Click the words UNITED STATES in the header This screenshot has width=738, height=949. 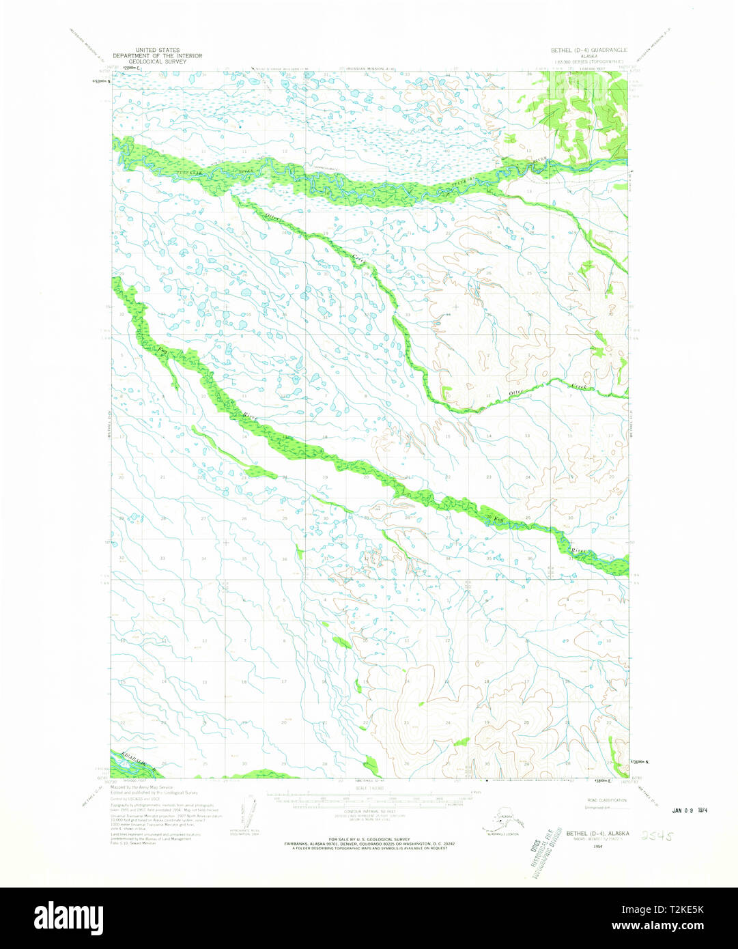[157, 51]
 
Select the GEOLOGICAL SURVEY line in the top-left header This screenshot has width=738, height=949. [157, 61]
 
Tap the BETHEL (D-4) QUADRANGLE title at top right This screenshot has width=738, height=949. [588, 51]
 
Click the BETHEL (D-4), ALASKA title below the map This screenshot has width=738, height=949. [597, 833]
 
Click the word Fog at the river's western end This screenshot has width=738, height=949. [162, 352]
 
